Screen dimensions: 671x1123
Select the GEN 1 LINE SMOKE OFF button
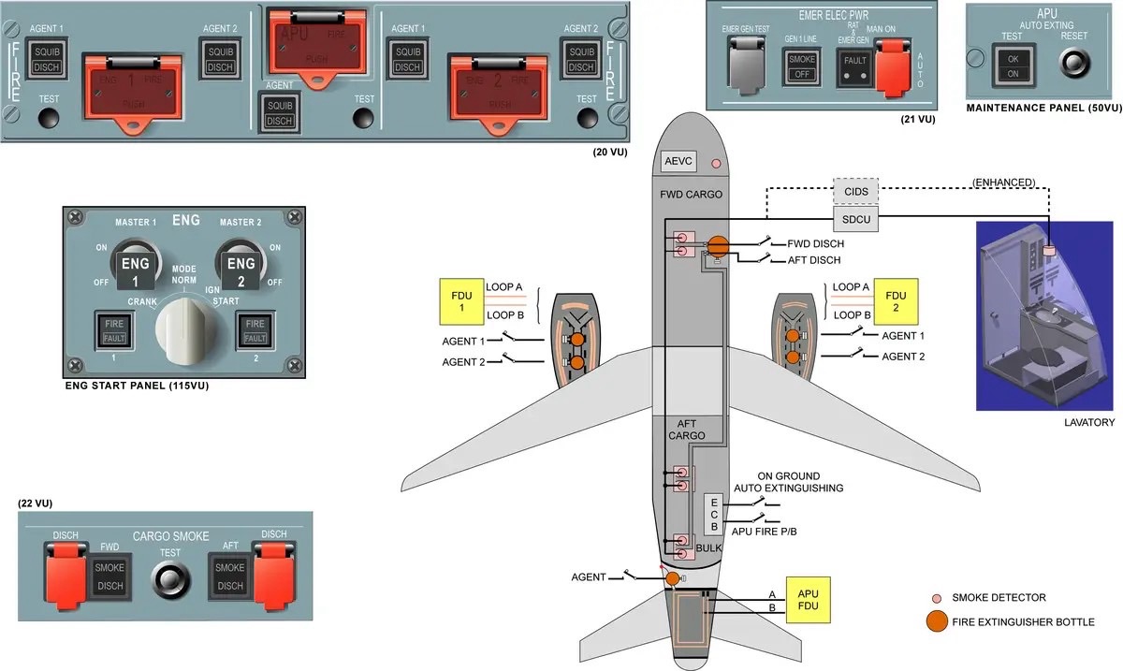[x=802, y=67]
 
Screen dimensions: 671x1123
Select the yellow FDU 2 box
[x=897, y=300]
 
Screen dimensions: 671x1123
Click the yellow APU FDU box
[x=808, y=600]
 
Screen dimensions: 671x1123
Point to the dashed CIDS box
[x=856, y=192]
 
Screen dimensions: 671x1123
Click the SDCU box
[x=856, y=219]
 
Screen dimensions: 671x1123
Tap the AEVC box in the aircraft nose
[x=678, y=161]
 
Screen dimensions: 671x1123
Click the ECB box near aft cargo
[x=713, y=514]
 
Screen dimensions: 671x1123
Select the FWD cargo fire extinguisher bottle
[x=718, y=246]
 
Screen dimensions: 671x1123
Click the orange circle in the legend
[x=934, y=621]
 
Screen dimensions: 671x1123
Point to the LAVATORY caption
[x=1089, y=423]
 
